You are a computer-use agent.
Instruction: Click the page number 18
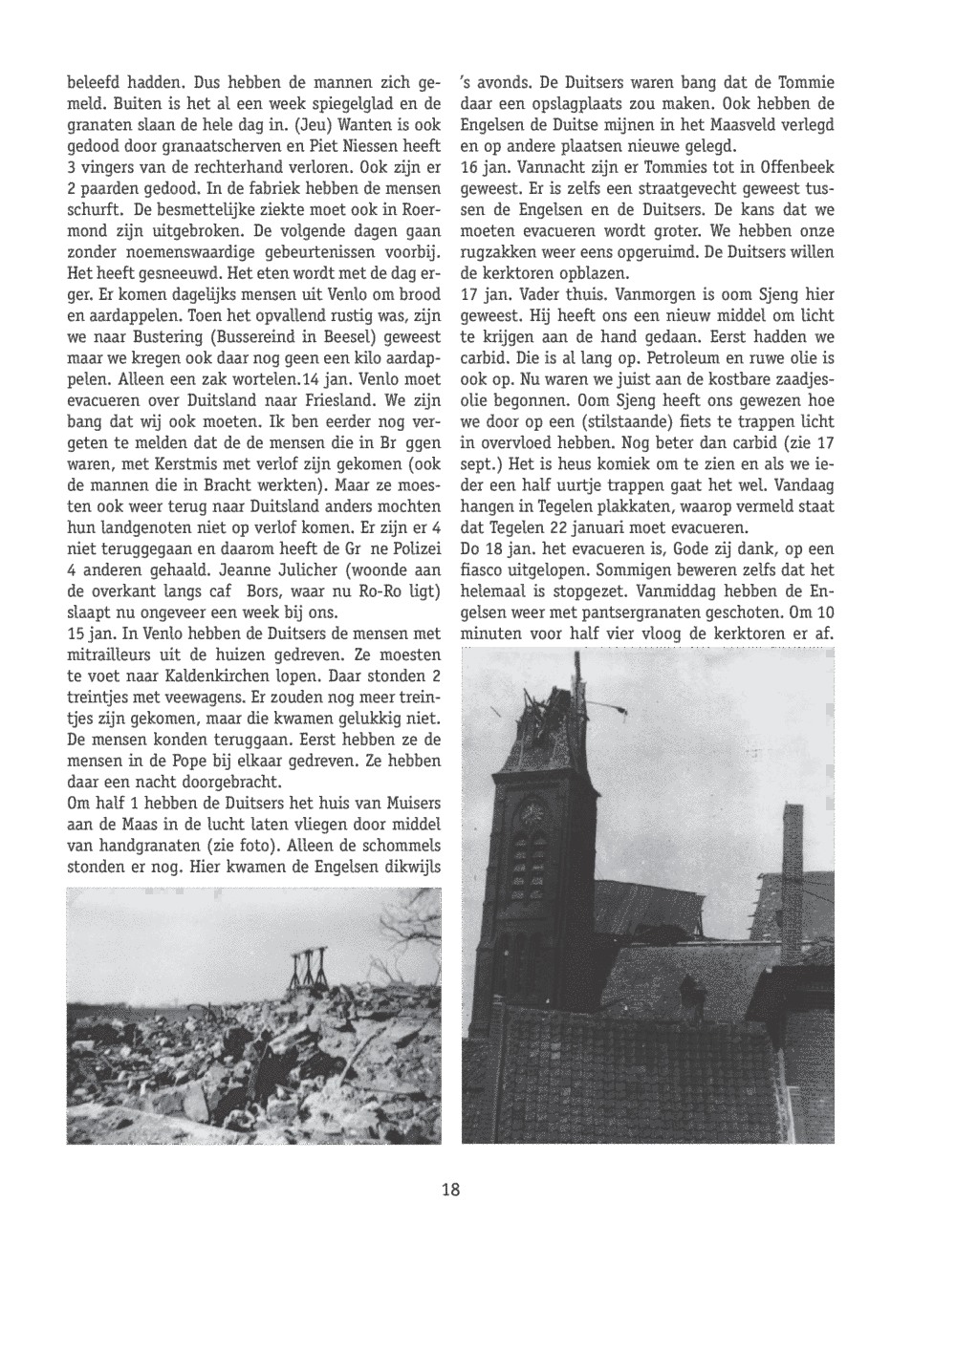[451, 1190]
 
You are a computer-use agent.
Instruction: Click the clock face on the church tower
[532, 813]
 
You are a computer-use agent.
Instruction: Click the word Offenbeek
[789, 167]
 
